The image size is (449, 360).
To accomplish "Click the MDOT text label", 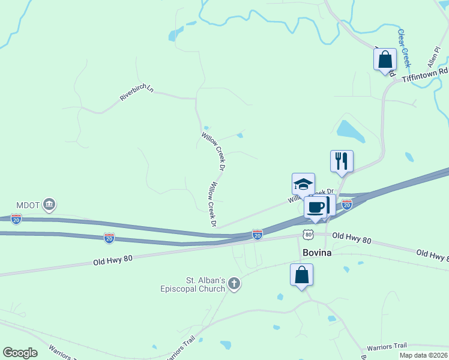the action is (x=27, y=205).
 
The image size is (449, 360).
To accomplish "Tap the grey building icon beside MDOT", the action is (x=49, y=205).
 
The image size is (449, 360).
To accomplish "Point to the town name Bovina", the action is (x=317, y=253).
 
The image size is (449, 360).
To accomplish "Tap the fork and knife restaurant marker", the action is (x=342, y=161).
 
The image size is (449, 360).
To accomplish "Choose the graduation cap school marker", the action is (x=303, y=184).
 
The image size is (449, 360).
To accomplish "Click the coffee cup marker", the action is (x=316, y=207).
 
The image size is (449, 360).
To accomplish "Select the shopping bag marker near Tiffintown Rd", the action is (x=385, y=59).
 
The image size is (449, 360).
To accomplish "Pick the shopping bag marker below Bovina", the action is (x=301, y=275).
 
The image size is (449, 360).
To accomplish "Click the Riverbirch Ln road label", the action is (x=137, y=92).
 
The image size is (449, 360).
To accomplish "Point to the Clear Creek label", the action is (x=404, y=47).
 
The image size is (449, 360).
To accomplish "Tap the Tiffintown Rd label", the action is (x=426, y=75).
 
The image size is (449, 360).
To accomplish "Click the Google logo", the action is (x=20, y=353).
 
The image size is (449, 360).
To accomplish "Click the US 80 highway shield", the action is (x=307, y=233).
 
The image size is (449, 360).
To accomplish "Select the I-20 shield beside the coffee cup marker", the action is (x=346, y=205).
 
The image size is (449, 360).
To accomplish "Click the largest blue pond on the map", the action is (x=350, y=131).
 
